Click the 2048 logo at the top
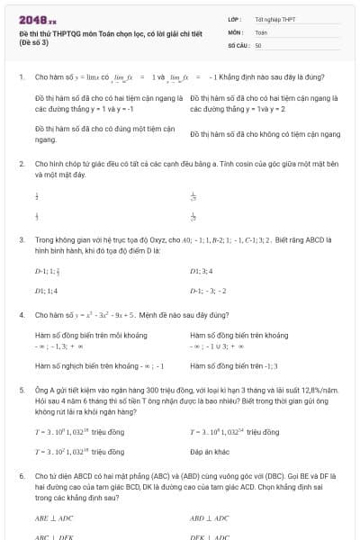pos(37,19)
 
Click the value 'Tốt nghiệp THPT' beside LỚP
pos(275,19)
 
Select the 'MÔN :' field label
pos(236,31)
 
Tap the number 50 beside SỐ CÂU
pos(259,44)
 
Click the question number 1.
pos(21,77)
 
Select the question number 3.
pos(21,240)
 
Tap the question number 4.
pos(21,315)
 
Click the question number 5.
pos(21,391)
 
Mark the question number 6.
pos(21,472)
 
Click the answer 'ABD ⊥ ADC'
pos(209,517)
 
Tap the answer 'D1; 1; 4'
pos(46,291)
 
